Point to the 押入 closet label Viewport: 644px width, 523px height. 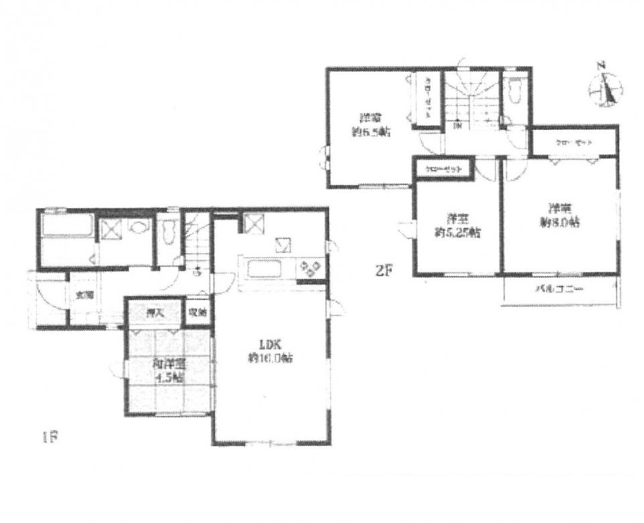click(x=154, y=311)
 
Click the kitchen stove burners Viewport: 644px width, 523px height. click(x=310, y=269)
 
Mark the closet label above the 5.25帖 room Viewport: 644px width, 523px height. click(x=443, y=169)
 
